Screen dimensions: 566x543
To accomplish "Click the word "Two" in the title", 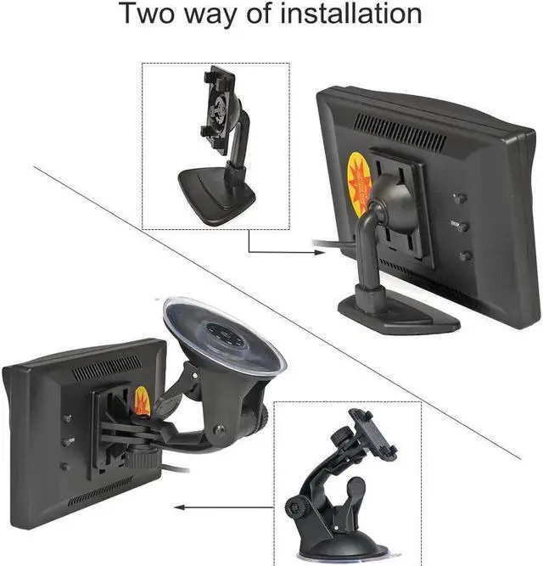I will [150, 14].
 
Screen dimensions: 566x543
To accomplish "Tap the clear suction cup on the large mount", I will [225, 335].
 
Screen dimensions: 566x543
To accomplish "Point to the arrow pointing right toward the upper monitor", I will [280, 251].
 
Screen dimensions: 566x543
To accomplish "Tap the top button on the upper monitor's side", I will [460, 198].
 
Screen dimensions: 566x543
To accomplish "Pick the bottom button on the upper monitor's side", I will [464, 255].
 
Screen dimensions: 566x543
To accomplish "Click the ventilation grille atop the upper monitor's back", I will [399, 131].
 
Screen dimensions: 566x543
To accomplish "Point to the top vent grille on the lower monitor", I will [106, 368].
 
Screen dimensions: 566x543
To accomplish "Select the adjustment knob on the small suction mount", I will [297, 507].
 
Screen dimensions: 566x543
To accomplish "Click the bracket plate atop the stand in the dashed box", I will [218, 109].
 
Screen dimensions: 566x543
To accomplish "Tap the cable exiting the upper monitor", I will [331, 248].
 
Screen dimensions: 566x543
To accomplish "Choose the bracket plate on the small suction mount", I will [373, 434].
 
